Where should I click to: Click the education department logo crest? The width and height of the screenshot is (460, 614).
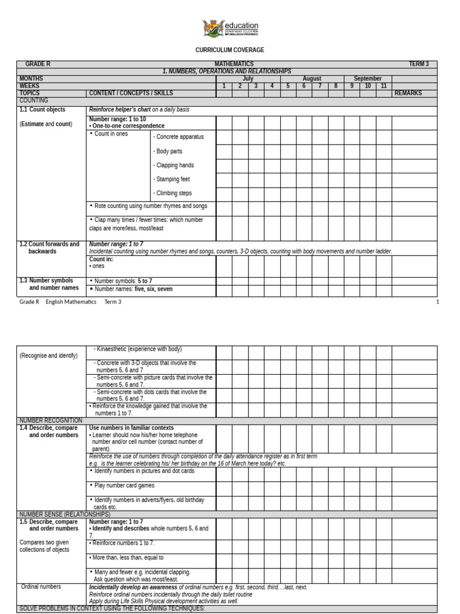coord(213,28)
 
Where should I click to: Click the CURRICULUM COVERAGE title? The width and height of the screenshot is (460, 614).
coord(230,50)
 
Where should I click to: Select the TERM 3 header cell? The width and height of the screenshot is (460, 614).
coord(419,64)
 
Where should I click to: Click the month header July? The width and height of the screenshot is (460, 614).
coord(248,79)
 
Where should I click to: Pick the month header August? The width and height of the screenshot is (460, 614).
coord(312,79)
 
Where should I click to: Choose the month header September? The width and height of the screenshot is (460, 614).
coord(368,79)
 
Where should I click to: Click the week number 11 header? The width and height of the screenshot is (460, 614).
coord(383,86)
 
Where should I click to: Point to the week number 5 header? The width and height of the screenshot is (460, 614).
coord(287,86)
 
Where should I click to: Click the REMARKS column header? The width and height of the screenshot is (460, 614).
coord(408,93)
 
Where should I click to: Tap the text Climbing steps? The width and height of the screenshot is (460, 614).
coord(173,193)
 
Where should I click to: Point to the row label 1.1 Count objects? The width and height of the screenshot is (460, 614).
coord(42,110)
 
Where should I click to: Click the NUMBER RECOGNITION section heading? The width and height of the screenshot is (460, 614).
coord(50,420)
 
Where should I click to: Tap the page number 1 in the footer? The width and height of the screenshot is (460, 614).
coord(437,302)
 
